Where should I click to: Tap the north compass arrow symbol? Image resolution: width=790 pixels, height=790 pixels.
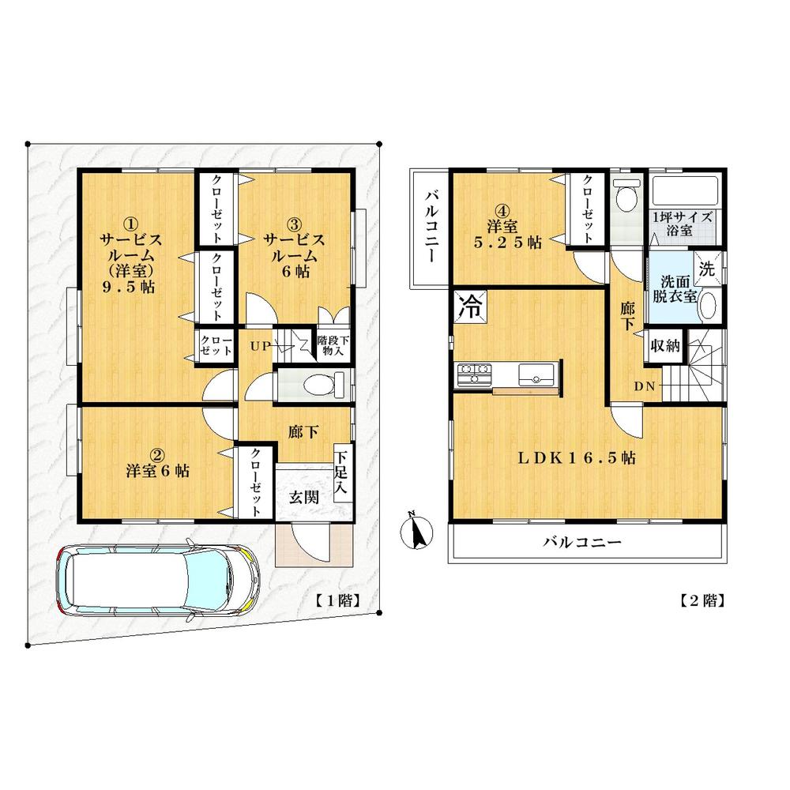(416, 531)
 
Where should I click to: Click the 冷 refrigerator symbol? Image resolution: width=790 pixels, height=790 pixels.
(470, 307)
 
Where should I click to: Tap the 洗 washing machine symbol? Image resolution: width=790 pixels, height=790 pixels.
(709, 266)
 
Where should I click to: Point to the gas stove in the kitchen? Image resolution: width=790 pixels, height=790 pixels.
(473, 372)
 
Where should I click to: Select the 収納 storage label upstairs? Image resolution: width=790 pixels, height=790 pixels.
(662, 346)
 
